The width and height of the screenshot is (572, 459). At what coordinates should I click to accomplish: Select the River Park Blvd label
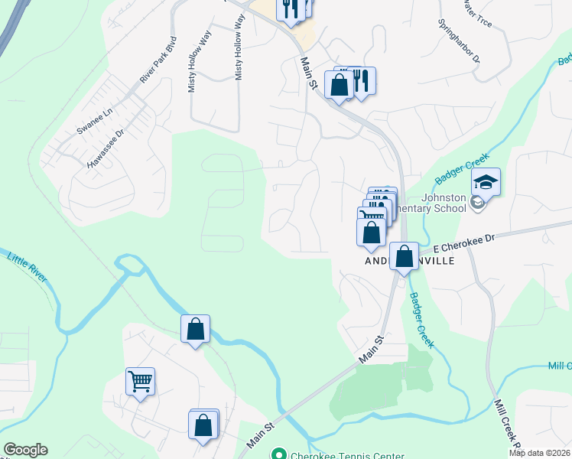[x=158, y=59]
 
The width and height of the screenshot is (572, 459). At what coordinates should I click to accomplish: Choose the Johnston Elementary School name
[x=433, y=202]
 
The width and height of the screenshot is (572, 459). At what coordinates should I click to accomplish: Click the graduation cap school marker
[x=486, y=182]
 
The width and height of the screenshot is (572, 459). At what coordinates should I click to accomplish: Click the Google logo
[x=25, y=450]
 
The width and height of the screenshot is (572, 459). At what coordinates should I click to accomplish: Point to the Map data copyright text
[x=539, y=453]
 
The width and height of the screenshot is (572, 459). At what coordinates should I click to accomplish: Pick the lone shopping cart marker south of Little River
[x=140, y=380]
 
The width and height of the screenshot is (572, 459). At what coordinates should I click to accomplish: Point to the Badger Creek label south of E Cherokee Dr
[x=421, y=321]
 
